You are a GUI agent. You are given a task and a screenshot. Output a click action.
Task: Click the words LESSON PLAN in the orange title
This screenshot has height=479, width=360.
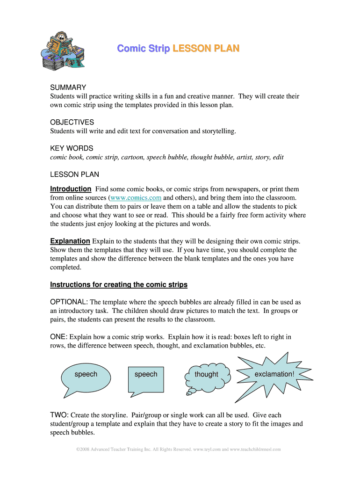click(x=206, y=49)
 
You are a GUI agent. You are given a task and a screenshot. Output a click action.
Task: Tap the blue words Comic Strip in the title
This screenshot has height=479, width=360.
click(x=143, y=49)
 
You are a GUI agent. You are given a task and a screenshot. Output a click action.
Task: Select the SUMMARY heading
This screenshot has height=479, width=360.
click(x=68, y=87)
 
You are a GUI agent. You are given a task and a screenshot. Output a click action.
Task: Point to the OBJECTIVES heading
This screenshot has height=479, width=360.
click(x=72, y=122)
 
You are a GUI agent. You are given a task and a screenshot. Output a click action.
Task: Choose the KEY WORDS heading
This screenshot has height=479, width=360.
click(x=72, y=148)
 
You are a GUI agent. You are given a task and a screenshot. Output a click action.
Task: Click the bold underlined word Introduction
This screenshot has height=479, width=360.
click(x=71, y=189)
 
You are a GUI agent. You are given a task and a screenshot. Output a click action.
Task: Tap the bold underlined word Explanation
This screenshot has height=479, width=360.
click(x=70, y=241)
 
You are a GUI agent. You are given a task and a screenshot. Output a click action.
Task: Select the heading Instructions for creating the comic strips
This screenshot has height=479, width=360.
click(x=119, y=285)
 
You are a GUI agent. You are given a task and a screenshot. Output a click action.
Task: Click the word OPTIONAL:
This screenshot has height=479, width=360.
click(x=69, y=302)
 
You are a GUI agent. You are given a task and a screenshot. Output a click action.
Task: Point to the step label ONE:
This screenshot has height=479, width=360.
click(x=59, y=337)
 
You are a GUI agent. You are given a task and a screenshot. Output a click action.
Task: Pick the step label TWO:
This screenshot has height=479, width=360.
click(x=59, y=415)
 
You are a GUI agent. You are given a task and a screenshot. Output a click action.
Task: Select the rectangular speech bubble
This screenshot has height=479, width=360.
click(x=146, y=377)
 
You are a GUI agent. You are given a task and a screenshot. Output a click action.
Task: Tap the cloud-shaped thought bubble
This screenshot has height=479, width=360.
click(x=206, y=377)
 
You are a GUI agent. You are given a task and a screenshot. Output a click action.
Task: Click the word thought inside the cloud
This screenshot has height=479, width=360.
click(x=206, y=374)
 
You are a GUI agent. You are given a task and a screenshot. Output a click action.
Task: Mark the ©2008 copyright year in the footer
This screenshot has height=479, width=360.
click(x=83, y=450)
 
